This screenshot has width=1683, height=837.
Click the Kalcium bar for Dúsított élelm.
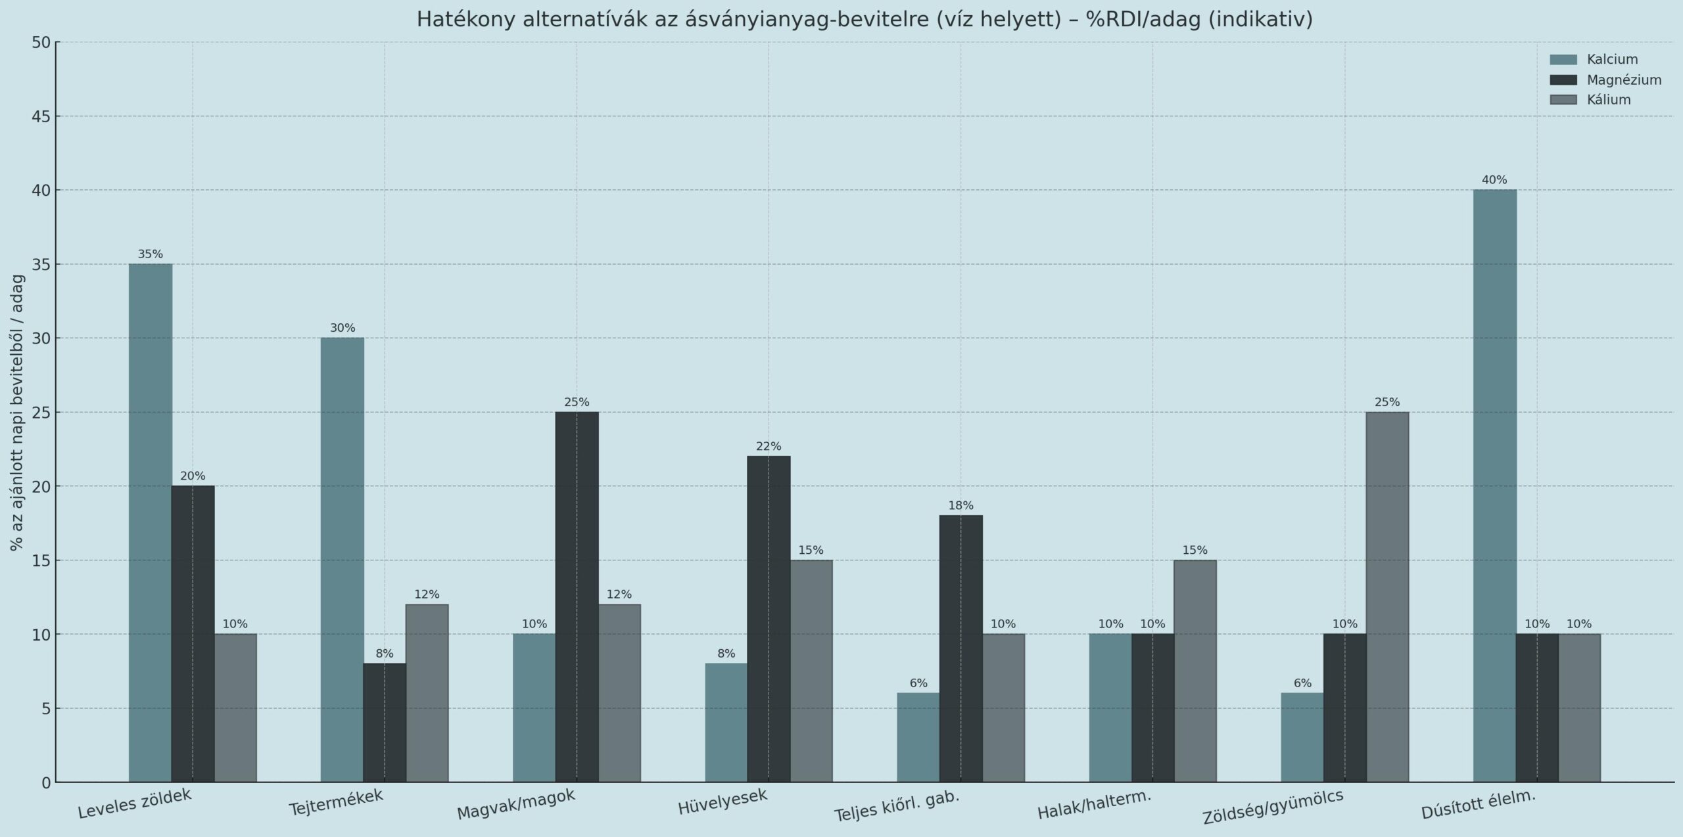(x=1494, y=486)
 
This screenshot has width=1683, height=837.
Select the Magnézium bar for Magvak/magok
(x=577, y=597)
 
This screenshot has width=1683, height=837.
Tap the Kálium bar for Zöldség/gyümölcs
(x=1387, y=597)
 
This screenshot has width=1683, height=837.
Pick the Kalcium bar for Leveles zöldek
(x=150, y=523)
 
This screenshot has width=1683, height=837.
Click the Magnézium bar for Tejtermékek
(x=385, y=723)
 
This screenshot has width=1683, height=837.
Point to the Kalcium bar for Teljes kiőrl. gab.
(x=918, y=737)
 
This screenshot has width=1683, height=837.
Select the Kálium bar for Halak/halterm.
(x=1195, y=671)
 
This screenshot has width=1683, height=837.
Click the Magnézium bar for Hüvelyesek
(x=769, y=619)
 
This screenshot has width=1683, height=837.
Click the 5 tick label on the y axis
(x=45, y=708)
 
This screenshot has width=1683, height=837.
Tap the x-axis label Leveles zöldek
(x=135, y=803)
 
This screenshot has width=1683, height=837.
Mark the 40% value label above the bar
(x=1494, y=180)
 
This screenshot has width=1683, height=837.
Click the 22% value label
(x=769, y=447)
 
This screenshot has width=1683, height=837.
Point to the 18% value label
(x=960, y=506)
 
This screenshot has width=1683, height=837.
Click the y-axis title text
(x=18, y=412)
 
